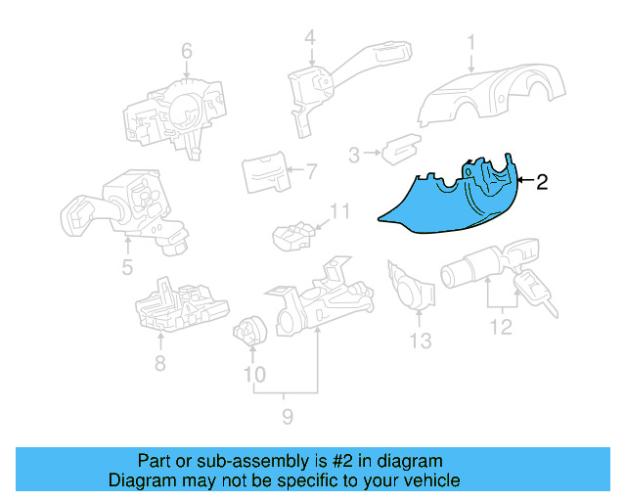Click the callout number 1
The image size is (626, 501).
click(x=470, y=42)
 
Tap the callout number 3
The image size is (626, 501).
click(x=354, y=153)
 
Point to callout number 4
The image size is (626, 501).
click(x=309, y=39)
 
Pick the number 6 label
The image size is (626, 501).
click(x=186, y=50)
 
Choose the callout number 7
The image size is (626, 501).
click(x=311, y=173)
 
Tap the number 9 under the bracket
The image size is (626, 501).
click(x=287, y=419)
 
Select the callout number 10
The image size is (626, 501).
click(x=253, y=374)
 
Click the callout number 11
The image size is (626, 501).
click(x=338, y=211)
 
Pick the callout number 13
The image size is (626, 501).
click(x=420, y=341)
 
